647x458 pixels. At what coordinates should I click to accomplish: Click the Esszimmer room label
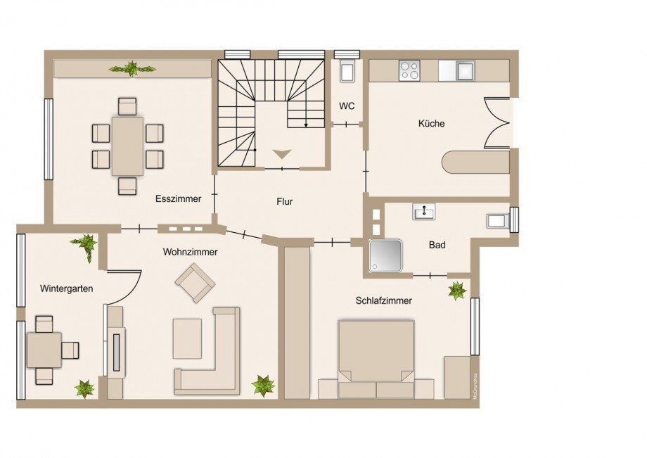[178, 198]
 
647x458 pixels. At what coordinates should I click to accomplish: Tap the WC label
[347, 106]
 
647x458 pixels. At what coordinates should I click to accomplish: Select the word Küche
[431, 123]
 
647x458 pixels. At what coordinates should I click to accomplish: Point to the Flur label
[285, 202]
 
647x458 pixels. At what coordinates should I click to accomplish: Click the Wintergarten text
[66, 289]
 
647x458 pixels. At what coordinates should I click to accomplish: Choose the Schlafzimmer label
[384, 301]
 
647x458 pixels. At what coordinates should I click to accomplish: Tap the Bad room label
[437, 245]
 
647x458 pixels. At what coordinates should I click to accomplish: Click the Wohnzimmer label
[190, 252]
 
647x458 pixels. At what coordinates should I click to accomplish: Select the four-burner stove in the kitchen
[409, 70]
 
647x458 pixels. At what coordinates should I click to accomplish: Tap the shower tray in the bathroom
[386, 256]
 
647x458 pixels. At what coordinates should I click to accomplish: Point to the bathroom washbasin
[424, 212]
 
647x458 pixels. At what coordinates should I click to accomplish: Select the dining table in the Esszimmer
[127, 146]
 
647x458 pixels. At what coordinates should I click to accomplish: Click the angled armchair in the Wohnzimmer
[196, 283]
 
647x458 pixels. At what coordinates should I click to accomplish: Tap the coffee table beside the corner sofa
[187, 338]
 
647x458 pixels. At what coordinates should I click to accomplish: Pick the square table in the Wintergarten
[44, 350]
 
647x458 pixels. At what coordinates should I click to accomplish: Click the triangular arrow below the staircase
[282, 154]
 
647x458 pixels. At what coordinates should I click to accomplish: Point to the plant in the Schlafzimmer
[457, 291]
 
